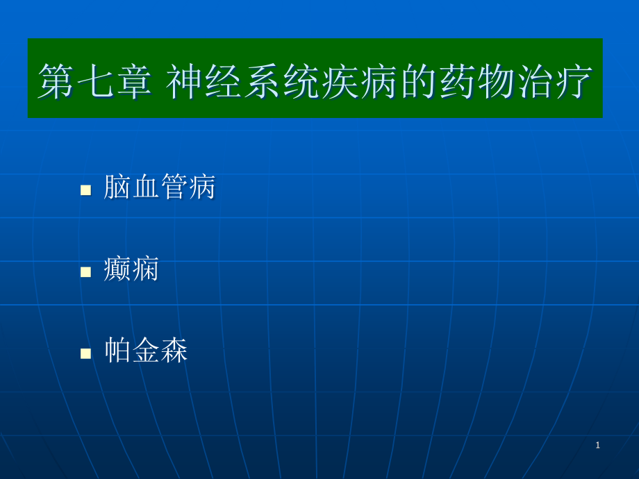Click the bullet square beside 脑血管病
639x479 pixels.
85,190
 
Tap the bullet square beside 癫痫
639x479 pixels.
85,271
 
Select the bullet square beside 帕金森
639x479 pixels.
85,353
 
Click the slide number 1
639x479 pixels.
597,445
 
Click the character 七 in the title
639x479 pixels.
95,81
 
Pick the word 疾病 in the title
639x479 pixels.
360,81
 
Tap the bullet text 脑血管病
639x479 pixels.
159,187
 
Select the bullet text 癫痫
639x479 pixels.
131,269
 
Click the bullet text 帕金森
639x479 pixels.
146,351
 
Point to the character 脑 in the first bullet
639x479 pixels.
117,187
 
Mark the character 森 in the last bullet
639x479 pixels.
174,351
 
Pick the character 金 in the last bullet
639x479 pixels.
146,351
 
